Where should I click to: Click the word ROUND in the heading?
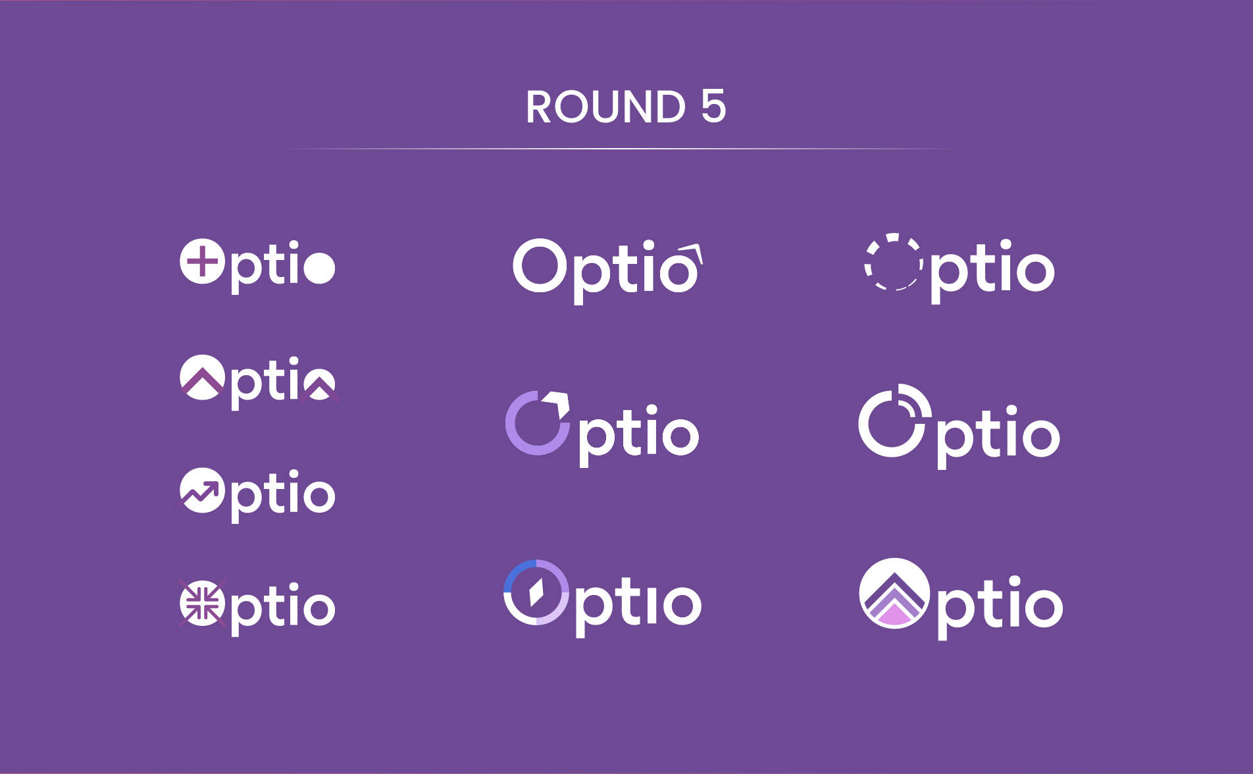coord(605,107)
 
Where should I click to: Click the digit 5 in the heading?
coord(713,107)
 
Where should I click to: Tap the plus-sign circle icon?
coord(203,261)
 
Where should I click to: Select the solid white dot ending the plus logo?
coord(320,267)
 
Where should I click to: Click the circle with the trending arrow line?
coord(203,490)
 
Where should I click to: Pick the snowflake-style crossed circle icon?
coord(203,603)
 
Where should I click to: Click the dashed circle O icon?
coord(893,261)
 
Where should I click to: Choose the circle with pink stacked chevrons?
coord(894,594)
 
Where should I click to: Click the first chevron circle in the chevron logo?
coord(203,377)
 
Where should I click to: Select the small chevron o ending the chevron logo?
coord(320,384)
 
